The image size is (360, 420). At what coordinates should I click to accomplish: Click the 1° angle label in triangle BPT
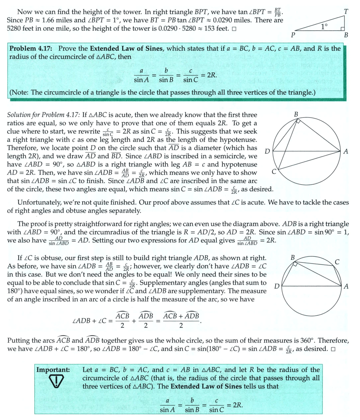[324, 26]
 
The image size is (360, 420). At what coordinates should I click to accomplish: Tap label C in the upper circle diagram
[274, 172]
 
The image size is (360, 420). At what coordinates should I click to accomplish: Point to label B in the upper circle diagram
[296, 114]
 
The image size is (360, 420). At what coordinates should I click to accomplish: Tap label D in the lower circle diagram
[277, 286]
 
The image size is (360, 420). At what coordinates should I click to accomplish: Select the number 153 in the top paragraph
[202, 29]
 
